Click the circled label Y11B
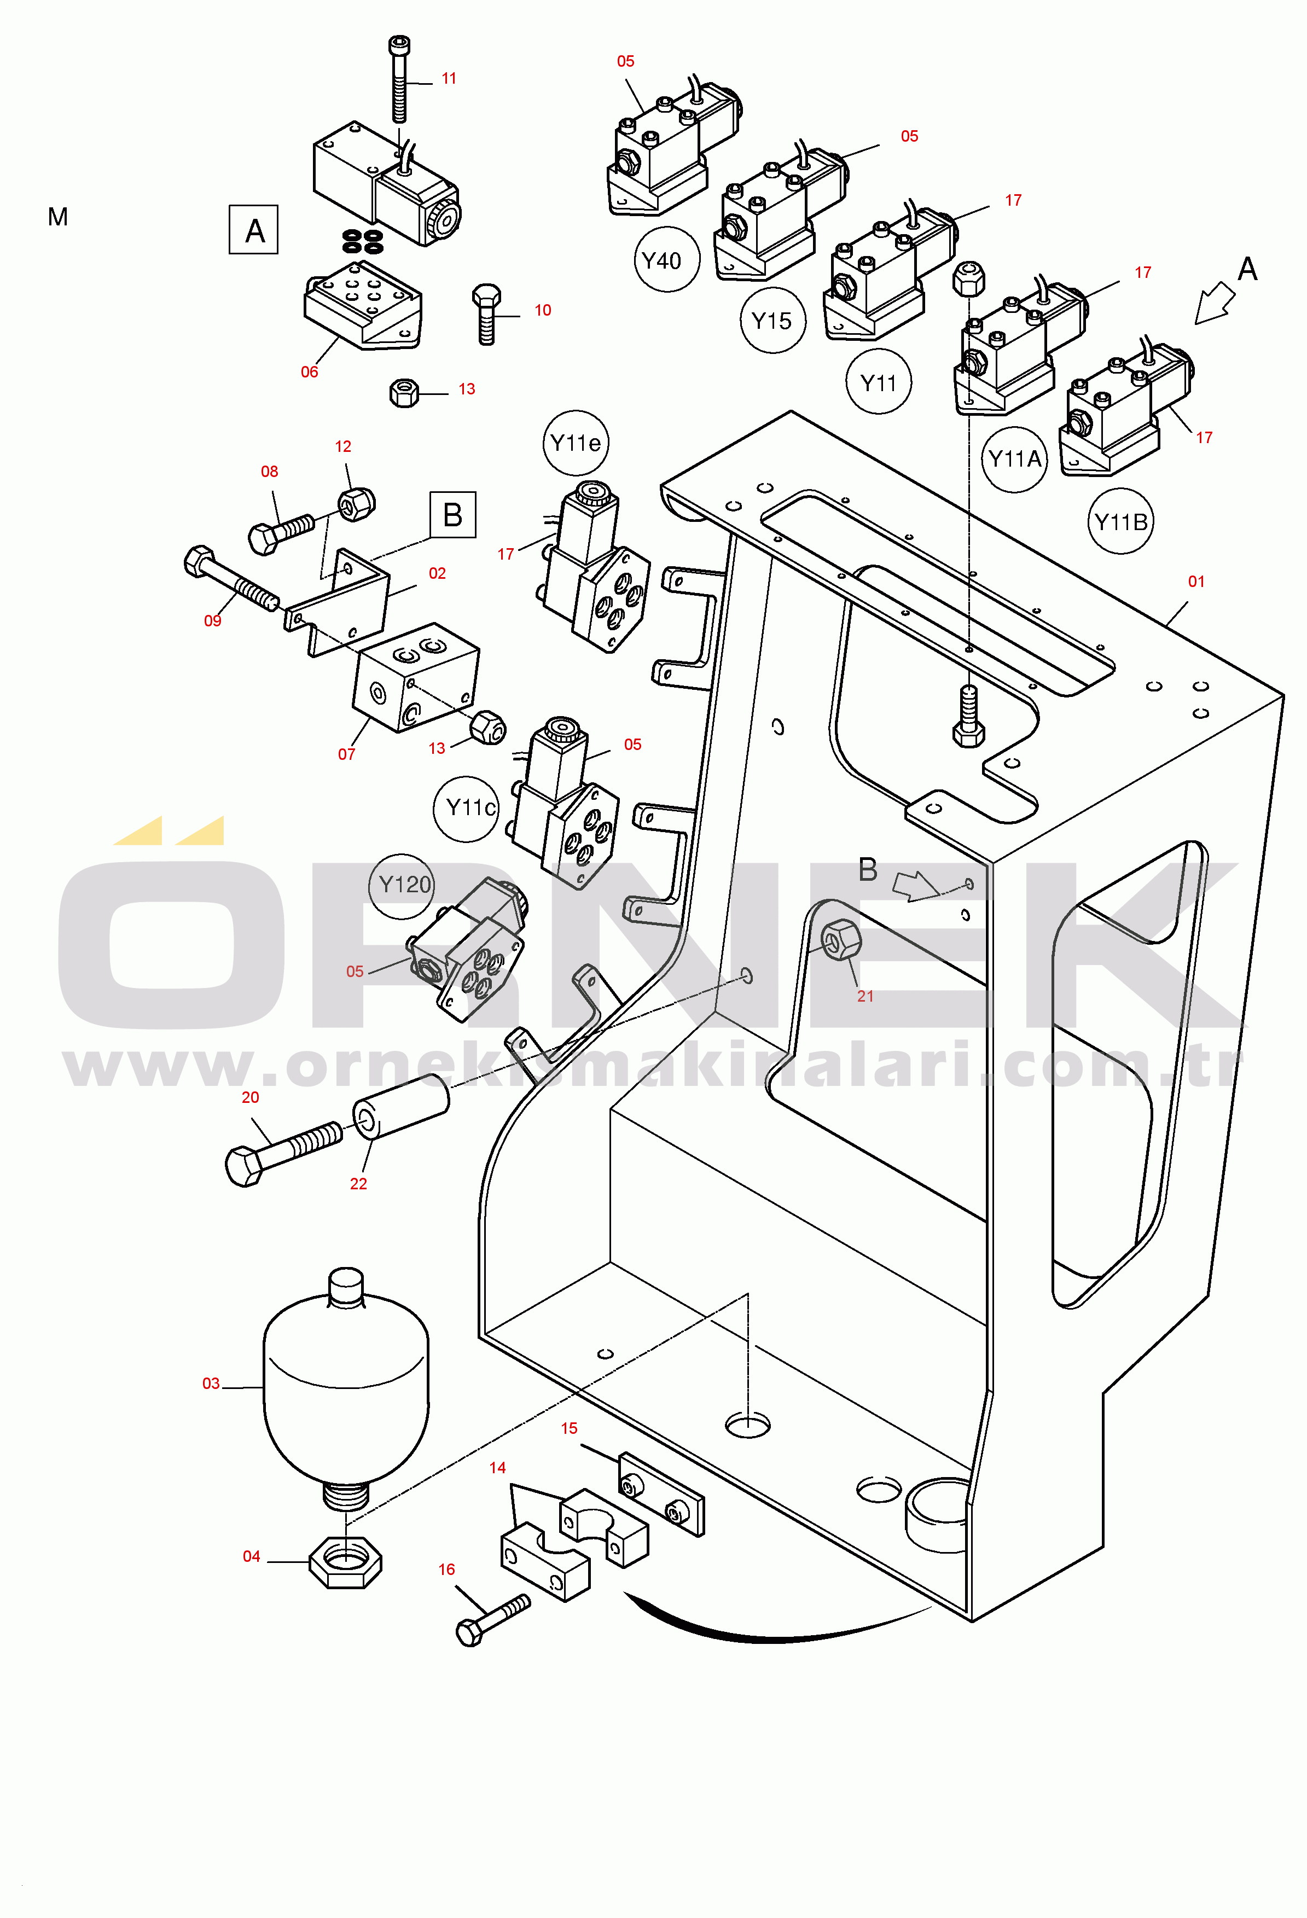[x=1120, y=521]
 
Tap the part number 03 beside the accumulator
[x=211, y=1383]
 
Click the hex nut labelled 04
[x=345, y=1561]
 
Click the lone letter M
[x=58, y=217]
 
